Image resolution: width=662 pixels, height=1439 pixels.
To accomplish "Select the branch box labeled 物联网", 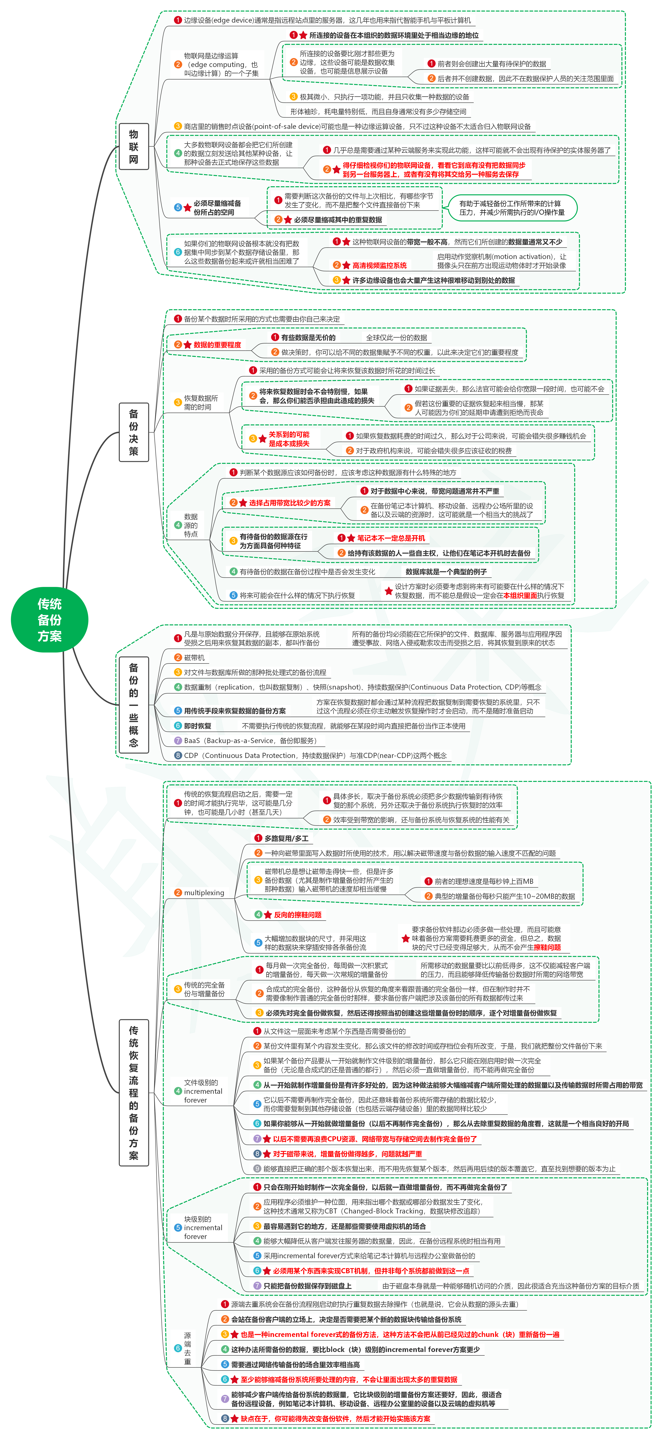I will point(134,146).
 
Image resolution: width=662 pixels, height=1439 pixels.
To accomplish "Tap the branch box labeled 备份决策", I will point(134,432).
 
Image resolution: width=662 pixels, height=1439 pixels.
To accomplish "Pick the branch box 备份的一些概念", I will point(134,705).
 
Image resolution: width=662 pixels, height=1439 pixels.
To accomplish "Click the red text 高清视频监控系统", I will point(379,265).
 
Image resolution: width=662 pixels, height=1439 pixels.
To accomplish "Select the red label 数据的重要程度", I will point(217,345).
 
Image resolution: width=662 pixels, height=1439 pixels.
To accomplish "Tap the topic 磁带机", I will point(194,657).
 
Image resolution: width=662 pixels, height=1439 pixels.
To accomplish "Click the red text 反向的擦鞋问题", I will point(297,914).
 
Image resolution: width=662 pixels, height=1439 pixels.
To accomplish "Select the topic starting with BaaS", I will point(250,741).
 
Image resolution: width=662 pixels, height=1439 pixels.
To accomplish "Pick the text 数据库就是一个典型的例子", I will point(446,571).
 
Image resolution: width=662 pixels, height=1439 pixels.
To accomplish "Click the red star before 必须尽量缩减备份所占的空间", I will point(187,208).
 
